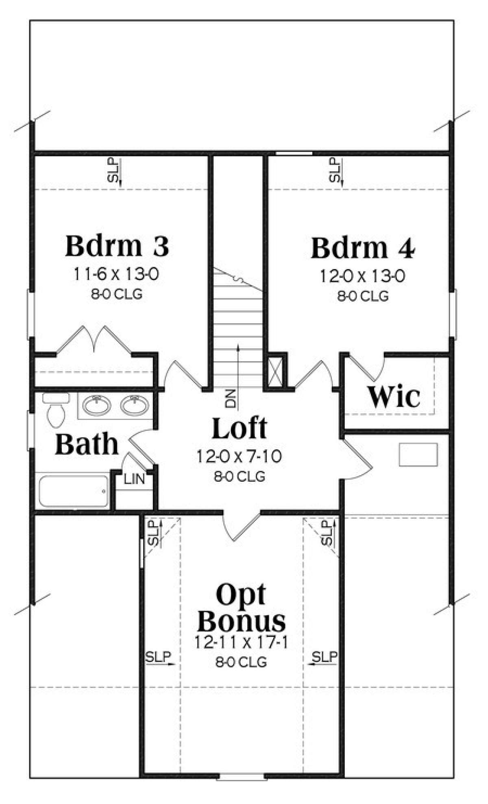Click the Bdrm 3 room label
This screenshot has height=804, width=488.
(x=117, y=246)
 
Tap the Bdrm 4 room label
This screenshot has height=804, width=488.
(x=363, y=248)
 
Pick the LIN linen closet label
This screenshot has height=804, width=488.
(x=135, y=479)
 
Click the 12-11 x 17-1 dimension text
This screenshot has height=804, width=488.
(x=240, y=643)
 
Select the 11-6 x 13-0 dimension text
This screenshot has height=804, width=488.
(x=116, y=275)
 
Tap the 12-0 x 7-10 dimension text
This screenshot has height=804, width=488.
(x=239, y=457)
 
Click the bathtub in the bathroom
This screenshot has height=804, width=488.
(x=74, y=490)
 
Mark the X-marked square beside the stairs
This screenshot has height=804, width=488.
(x=275, y=370)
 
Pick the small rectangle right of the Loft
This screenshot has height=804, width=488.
(x=418, y=454)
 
